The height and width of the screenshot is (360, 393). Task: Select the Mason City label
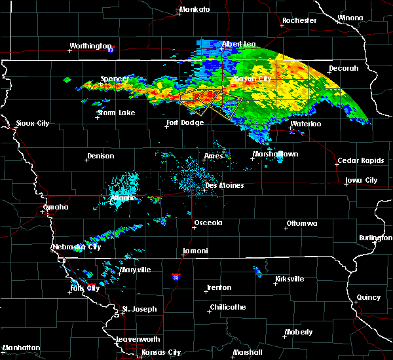tap(252, 79)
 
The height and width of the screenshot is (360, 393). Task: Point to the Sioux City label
tap(33, 123)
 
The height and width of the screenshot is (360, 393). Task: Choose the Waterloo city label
tap(306, 124)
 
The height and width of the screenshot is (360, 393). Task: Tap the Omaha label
tap(56, 207)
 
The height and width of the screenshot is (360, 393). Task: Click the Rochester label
tap(299, 20)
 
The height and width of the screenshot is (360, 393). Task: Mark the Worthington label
tap(91, 46)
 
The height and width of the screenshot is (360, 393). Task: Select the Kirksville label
tap(289, 279)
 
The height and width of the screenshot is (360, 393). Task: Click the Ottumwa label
tap(301, 224)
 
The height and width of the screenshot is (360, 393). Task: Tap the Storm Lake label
tap(116, 113)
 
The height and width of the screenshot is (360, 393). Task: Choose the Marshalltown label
tap(275, 154)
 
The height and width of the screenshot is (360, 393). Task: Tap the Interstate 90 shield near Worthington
tap(111, 49)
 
